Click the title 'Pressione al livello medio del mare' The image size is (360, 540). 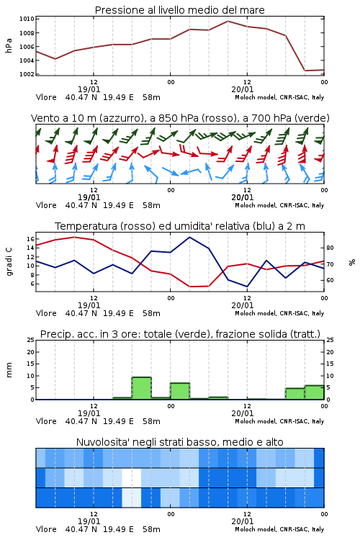coord(179,10)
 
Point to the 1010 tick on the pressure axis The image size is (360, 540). coord(27,19)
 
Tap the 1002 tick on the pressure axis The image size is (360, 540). coord(27,74)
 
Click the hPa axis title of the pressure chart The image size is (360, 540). coord(9,45)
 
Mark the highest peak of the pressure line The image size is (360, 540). coord(228,21)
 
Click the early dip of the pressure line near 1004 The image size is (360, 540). coord(55,59)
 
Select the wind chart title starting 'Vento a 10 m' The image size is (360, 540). coord(180,118)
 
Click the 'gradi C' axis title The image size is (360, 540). coord(9,261)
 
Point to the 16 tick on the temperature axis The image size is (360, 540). coord(30,239)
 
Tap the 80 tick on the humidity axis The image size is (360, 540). coord(330,248)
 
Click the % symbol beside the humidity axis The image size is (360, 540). coord(352,262)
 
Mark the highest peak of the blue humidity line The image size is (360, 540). coord(189,238)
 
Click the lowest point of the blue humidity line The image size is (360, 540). coord(247,287)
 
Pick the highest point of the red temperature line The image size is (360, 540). coord(74,237)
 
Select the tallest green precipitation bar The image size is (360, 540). coord(142,388)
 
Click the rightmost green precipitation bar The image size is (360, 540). coord(315,392)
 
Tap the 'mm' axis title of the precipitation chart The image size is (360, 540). coord(9,369)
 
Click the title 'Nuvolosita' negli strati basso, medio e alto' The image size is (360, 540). coord(179,442)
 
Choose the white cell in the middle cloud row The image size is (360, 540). coord(132,477)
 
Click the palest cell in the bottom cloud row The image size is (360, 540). coord(132,498)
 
